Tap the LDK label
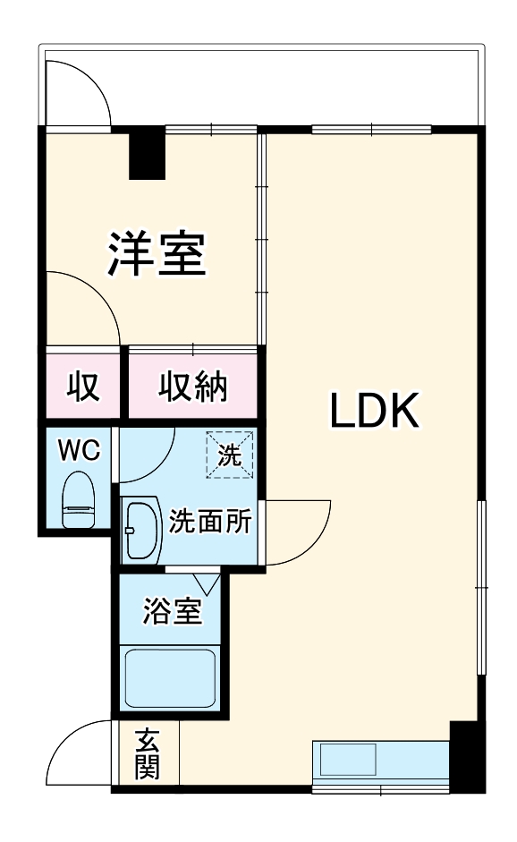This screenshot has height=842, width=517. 375,412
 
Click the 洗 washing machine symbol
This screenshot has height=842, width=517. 231,455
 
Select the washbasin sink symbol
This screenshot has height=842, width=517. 140,529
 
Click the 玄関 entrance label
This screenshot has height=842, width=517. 148,753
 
